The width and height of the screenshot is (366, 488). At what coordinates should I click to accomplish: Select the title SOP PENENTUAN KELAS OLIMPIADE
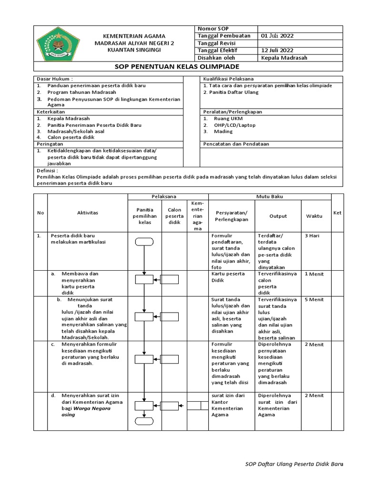click(x=183, y=66)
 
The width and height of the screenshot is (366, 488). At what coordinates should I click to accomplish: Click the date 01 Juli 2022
click(x=277, y=36)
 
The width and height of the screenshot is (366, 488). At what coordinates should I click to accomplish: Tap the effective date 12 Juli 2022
click(x=277, y=51)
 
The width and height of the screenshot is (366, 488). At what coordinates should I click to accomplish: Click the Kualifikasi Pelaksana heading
click(x=228, y=78)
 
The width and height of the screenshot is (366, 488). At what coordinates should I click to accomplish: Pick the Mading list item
click(x=223, y=131)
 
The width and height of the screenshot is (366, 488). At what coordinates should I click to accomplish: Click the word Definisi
click(x=47, y=170)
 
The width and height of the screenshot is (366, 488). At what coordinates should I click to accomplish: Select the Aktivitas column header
click(x=87, y=213)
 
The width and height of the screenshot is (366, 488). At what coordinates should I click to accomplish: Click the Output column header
click(x=278, y=216)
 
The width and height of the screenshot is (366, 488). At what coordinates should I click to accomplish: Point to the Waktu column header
click(x=314, y=216)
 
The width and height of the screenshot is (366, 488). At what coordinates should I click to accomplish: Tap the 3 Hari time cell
click(x=312, y=235)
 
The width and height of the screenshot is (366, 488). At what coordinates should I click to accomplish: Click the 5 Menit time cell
click(x=314, y=300)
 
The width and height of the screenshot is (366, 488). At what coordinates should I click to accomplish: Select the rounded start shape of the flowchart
click(x=144, y=242)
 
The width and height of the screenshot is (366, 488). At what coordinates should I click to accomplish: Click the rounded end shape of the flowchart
click(x=144, y=420)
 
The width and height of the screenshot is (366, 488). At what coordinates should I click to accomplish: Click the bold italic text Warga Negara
click(x=92, y=408)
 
